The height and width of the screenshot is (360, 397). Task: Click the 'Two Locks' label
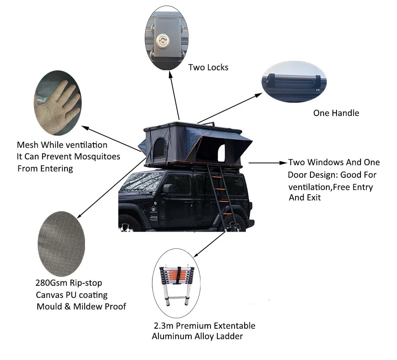click(208, 67)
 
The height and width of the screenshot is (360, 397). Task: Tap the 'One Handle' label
click(336, 113)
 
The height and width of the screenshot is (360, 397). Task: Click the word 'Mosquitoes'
click(99, 157)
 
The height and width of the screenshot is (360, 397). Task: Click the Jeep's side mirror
click(168, 189)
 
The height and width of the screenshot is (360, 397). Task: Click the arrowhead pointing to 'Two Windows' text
click(283, 163)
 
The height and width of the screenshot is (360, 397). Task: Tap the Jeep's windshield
click(140, 181)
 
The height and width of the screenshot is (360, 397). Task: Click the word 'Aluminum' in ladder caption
click(171, 336)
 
